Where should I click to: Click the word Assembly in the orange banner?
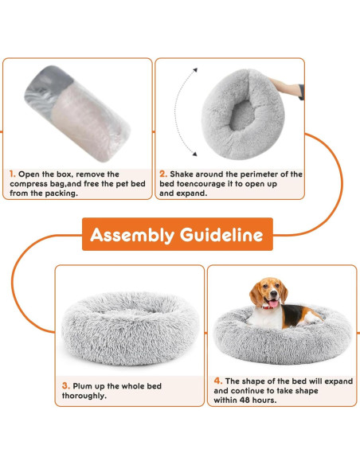(x=131, y=235)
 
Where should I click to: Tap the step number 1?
(x=12, y=173)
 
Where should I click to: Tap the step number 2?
(x=162, y=173)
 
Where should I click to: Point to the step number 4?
(x=217, y=381)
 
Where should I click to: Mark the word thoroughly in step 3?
(x=87, y=396)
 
